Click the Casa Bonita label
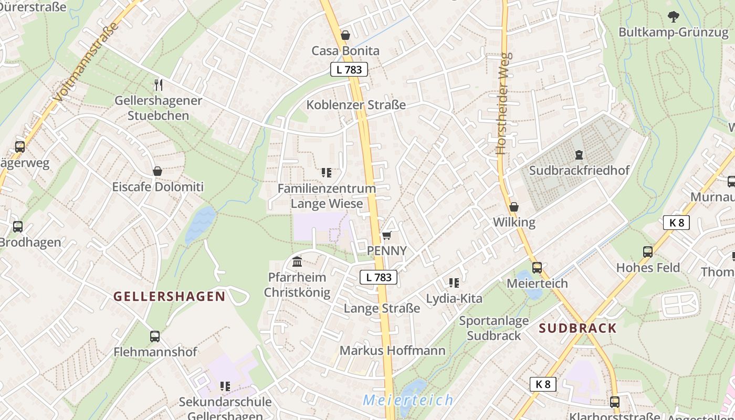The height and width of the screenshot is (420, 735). [345, 51]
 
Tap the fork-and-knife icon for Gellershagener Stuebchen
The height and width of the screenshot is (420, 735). [159, 84]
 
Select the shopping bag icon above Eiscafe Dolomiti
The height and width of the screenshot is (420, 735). [157, 171]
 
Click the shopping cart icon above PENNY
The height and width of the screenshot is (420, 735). [387, 235]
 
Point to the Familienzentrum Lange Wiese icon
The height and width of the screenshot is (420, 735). [326, 173]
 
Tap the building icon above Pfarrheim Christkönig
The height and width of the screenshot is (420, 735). [297, 261]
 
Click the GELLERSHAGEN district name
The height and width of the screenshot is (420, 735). [170, 296]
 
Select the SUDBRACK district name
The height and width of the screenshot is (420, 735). [577, 328]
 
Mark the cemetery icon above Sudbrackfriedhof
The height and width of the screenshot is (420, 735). [579, 155]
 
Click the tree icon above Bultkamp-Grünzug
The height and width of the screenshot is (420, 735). [674, 17]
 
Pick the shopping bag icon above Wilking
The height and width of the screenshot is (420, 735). [514, 207]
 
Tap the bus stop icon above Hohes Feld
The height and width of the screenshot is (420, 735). [647, 252]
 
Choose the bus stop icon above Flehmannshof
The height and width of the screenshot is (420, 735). [155, 337]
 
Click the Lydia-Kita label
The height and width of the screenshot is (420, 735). [454, 299]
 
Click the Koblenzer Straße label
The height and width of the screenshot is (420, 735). [356, 105]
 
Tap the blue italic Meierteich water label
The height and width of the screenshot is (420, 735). [408, 400]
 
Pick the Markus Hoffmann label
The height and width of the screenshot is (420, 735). [392, 350]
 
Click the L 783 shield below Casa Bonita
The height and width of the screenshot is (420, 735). [349, 69]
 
